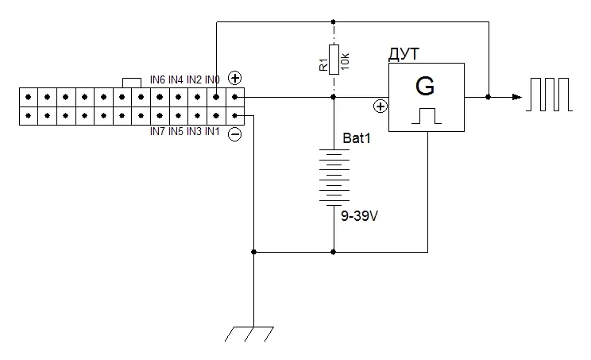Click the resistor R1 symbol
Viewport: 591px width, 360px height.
coord(334,60)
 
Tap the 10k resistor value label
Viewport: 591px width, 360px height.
coord(346,61)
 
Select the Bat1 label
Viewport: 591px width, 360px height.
coord(357,138)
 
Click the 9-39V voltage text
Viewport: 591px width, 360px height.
coord(359,216)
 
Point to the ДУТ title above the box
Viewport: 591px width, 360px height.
coord(404,55)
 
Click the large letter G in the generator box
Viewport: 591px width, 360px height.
coord(425,87)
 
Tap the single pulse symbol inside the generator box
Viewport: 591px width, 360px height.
coord(427,116)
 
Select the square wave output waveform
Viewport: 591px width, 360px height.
coord(549,95)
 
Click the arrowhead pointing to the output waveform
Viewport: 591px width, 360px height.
coord(517,97)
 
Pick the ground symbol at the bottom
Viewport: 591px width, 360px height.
coord(249,334)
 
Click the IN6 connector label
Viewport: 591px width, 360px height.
coord(157,80)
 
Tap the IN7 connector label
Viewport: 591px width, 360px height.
coord(157,132)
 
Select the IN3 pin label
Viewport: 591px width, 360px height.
coord(194,132)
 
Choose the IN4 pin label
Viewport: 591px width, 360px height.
coord(176,80)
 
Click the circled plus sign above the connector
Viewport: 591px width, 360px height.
coord(235,78)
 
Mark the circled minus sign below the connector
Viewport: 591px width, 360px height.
coord(235,134)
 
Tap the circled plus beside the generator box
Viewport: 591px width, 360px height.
coord(380,106)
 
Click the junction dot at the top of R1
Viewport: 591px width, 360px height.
coord(333,22)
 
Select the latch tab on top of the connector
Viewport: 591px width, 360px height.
coord(132,83)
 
